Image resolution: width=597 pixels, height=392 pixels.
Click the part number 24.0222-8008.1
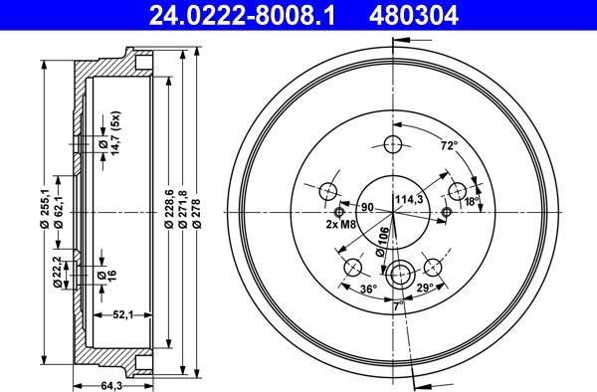[242, 15]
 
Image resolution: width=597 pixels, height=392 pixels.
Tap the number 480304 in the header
[414, 15]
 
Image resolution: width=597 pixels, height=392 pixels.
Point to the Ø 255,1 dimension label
[45, 210]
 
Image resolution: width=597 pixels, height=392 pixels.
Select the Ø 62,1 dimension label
[59, 210]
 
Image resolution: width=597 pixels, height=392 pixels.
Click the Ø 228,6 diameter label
[169, 210]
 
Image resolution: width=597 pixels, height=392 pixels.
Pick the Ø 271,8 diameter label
[183, 210]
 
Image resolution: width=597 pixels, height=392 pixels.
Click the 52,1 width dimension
[123, 314]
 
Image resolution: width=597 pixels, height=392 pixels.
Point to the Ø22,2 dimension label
[58, 272]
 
